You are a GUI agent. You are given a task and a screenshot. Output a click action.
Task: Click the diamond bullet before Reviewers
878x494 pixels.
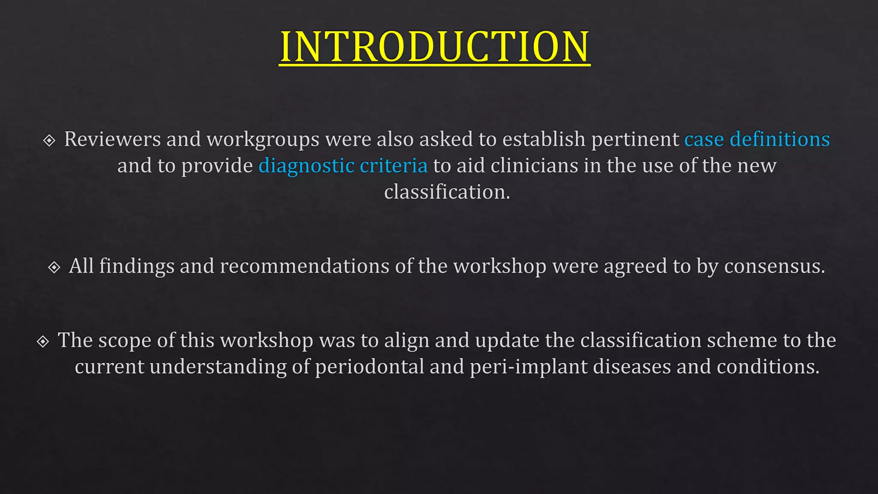pos(49,140)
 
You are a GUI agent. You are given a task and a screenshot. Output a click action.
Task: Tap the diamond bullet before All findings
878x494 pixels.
pos(54,267)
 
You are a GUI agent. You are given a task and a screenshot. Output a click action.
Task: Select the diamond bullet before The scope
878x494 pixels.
pos(43,341)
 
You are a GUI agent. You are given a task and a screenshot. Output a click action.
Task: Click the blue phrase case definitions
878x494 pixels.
pos(757,139)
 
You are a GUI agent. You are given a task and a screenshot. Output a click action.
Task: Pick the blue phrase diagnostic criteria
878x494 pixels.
pos(343,166)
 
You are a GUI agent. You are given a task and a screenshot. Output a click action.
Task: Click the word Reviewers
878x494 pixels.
pos(112,139)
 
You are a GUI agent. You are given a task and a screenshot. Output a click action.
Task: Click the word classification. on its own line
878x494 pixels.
pos(447,192)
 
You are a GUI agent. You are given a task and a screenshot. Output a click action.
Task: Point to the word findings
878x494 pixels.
pos(137,266)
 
